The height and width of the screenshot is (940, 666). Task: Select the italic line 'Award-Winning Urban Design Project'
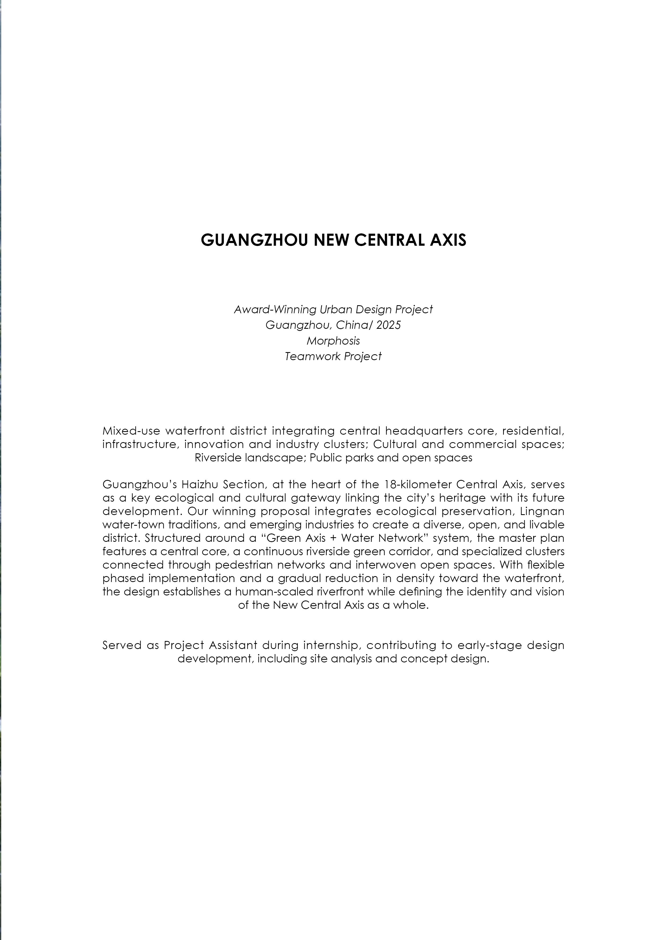pyautogui.click(x=333, y=309)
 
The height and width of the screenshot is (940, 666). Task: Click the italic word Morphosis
pyautogui.click(x=333, y=341)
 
